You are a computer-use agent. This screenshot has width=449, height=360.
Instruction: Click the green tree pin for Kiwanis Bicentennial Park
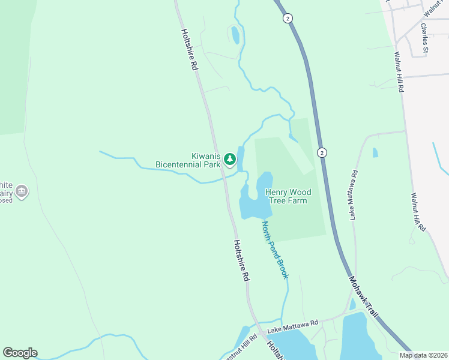229,160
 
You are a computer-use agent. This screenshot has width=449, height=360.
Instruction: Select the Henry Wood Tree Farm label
288,196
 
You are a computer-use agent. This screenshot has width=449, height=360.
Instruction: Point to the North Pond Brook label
275,250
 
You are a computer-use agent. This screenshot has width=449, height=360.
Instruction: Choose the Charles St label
424,38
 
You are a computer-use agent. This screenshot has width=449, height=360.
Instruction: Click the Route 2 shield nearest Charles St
288,19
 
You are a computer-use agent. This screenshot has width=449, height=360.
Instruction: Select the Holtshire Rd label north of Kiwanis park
188,50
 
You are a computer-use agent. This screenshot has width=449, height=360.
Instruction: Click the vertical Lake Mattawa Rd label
355,194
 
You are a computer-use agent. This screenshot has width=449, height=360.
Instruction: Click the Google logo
20,353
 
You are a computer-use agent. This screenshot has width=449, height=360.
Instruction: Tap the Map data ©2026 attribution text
423,355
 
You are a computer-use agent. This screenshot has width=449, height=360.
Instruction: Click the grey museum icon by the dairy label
22,191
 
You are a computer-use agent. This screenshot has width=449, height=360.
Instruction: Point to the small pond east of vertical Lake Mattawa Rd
375,152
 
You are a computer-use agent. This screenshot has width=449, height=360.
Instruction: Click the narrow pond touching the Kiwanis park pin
241,159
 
